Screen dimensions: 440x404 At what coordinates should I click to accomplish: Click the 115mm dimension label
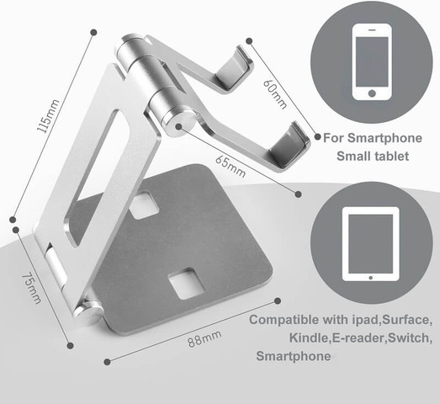click(48, 115)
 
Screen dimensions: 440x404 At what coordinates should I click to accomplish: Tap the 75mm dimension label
click(31, 289)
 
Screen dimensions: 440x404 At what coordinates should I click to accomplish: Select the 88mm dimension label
click(204, 339)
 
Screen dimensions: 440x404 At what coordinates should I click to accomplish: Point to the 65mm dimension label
click(231, 166)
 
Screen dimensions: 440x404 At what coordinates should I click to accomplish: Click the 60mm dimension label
click(275, 93)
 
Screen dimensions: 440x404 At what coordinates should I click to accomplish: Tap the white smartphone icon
click(372, 61)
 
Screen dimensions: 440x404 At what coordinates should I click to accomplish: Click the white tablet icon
click(371, 244)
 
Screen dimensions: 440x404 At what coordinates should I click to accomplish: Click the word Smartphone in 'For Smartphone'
click(384, 138)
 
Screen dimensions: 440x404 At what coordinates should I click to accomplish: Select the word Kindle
click(309, 338)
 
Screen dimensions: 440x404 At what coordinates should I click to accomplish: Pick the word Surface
click(407, 320)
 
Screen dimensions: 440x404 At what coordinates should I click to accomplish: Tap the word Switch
click(411, 338)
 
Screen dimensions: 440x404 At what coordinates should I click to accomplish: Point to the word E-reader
click(359, 338)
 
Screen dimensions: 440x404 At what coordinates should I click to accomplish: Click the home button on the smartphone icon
click(372, 93)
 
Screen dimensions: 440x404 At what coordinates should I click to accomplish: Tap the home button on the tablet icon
click(371, 278)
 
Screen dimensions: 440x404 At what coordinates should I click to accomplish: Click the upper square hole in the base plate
click(145, 205)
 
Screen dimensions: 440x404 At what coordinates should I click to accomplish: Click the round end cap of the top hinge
click(179, 123)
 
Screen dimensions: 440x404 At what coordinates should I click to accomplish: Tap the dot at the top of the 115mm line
click(93, 32)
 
